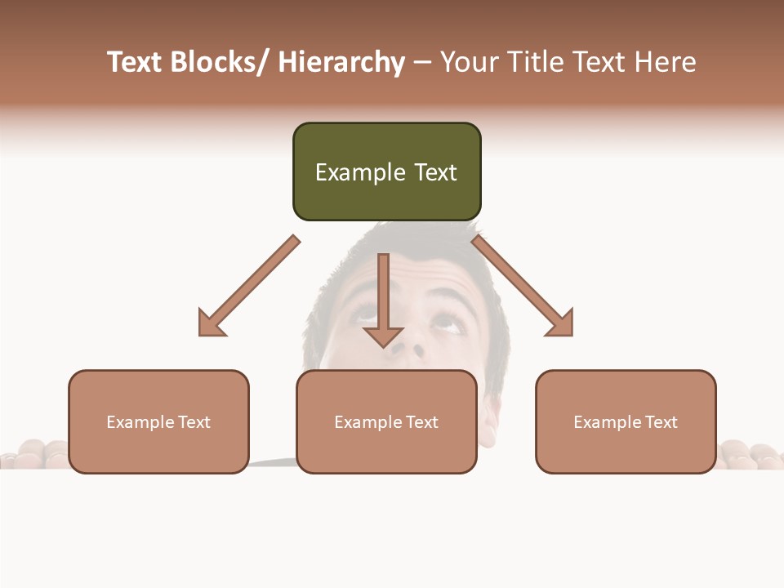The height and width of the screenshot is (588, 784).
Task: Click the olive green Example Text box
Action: [x=386, y=171]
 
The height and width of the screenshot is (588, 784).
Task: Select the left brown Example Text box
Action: [x=158, y=421]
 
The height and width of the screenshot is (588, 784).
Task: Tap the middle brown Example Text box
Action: [x=386, y=421]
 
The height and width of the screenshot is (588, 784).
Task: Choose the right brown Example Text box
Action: [x=626, y=421]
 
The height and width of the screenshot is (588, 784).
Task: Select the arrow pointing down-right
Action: [x=523, y=287]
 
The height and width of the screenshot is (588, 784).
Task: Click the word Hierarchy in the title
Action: [x=341, y=62]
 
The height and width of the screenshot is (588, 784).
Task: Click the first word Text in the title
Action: [x=136, y=62]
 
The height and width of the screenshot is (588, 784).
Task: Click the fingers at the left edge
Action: [x=33, y=453]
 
